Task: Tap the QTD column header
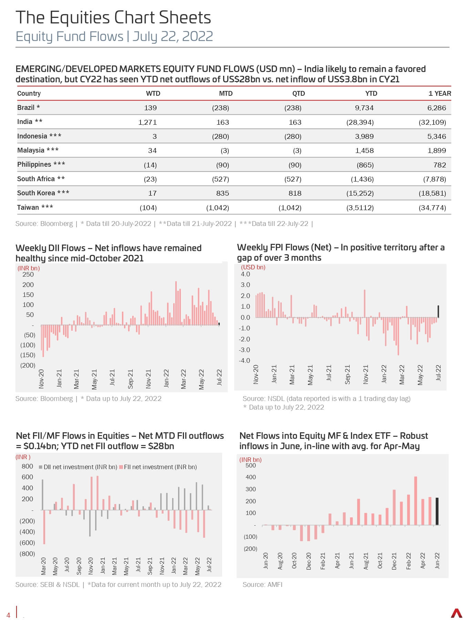pyautogui.click(x=298, y=93)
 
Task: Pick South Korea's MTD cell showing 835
pyautogui.click(x=223, y=193)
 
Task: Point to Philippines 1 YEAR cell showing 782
pyautogui.click(x=440, y=165)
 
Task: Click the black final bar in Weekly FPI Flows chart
pyautogui.click(x=438, y=311)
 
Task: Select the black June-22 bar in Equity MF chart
pyautogui.click(x=437, y=511)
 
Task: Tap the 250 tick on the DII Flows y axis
pyautogui.click(x=28, y=275)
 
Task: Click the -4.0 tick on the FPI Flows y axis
pyautogui.click(x=245, y=361)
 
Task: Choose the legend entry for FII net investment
pyautogui.click(x=158, y=467)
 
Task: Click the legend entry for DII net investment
pyautogui.click(x=78, y=467)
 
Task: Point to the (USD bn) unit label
pyautogui.click(x=253, y=267)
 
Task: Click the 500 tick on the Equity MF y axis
pyautogui.click(x=250, y=465)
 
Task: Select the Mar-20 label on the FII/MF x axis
pyautogui.click(x=44, y=566)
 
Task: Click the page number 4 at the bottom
pyautogui.click(x=9, y=615)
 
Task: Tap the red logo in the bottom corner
pyautogui.click(x=456, y=613)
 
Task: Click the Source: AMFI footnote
pyautogui.click(x=262, y=585)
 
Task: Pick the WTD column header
pyautogui.click(x=153, y=93)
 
